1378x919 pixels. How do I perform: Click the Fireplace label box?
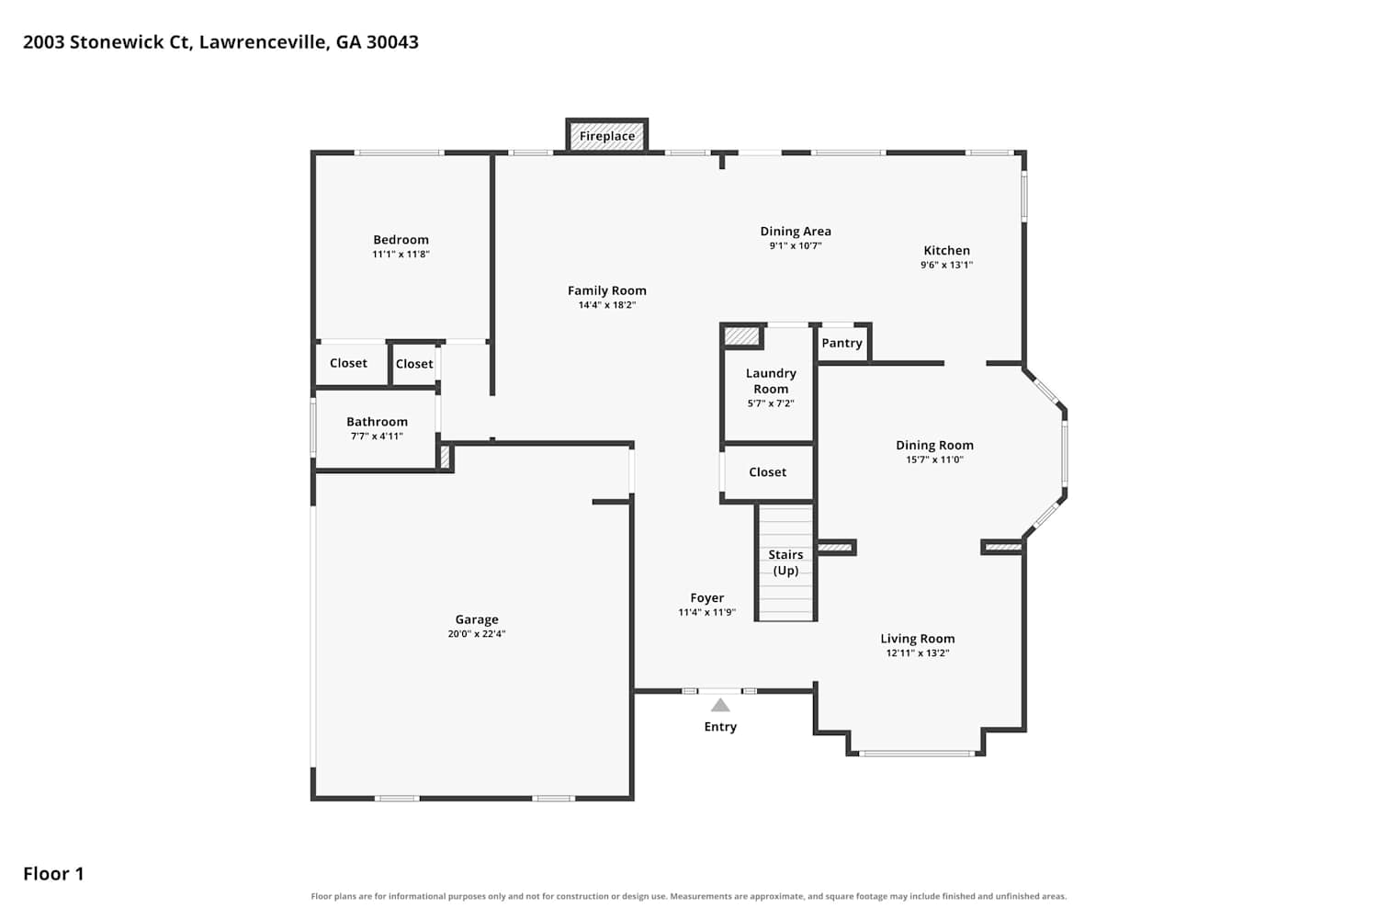point(606,135)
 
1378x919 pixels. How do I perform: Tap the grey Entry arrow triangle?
point(719,705)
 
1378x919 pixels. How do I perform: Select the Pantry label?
point(841,343)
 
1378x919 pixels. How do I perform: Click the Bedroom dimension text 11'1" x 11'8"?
point(401,255)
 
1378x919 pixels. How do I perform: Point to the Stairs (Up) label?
point(785,562)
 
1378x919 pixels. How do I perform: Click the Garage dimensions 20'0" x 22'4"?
point(476,634)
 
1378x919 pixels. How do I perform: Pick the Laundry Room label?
point(771,381)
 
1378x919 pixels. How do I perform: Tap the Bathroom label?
point(377,422)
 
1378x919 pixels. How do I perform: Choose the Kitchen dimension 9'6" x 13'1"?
point(946,266)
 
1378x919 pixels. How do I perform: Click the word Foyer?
point(706,597)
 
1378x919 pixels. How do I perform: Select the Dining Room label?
point(934,445)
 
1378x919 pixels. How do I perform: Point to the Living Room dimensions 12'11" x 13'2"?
point(917,653)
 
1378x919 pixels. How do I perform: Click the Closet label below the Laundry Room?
point(767,472)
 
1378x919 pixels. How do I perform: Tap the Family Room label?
point(606,290)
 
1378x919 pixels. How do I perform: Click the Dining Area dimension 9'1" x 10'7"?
point(796,245)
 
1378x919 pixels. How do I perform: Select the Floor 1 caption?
point(53,873)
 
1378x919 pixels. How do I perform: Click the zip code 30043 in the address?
point(392,42)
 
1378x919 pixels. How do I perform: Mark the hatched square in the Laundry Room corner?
point(741,336)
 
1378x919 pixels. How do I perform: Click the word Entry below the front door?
point(719,727)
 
